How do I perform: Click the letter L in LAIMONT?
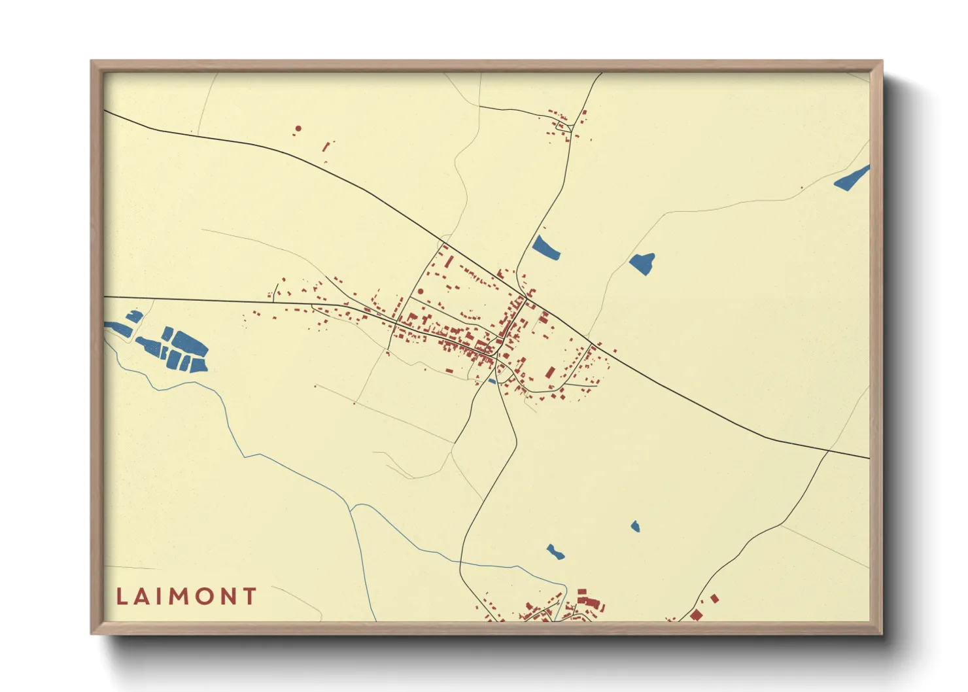tap(122, 597)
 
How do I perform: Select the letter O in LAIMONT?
tap(206, 597)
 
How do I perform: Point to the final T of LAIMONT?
tap(249, 597)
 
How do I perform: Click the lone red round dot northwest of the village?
tap(298, 129)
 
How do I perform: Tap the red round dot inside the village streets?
tap(421, 292)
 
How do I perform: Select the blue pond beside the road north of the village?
tap(545, 248)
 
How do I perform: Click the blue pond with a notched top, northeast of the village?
tap(643, 263)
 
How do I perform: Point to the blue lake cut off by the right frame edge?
tap(852, 178)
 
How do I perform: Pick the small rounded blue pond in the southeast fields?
tap(635, 527)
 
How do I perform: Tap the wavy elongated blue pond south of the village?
tap(555, 551)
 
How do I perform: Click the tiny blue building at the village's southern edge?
tap(492, 381)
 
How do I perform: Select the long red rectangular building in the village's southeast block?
tap(550, 373)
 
